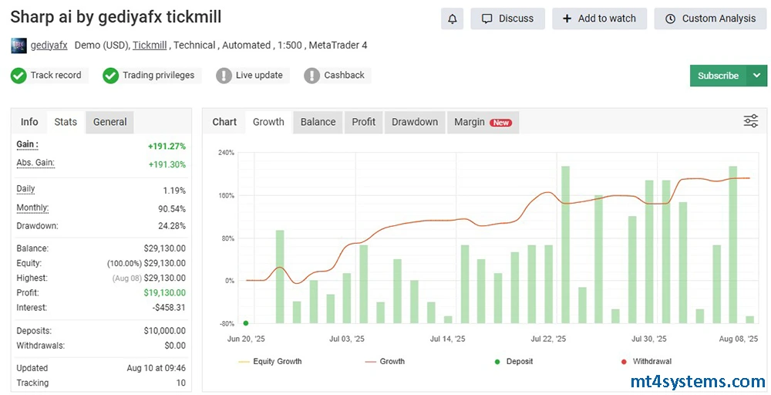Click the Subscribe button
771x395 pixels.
[718, 76]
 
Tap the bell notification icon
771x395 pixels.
[453, 19]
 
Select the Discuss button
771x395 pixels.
[507, 19]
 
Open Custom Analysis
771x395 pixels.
[710, 19]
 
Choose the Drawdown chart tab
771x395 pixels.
[415, 122]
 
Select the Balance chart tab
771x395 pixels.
[318, 122]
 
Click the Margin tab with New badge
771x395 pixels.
[483, 122]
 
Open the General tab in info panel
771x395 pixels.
[109, 122]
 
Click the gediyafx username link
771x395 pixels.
[49, 46]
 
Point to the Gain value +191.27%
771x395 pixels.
[167, 146]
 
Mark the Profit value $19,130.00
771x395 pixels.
[165, 292]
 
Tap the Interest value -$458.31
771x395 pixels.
[169, 308]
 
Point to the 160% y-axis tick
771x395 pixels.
[226, 195]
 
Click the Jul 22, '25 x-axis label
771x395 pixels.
[547, 339]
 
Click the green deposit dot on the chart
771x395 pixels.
[246, 323]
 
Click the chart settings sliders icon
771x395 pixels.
[750, 121]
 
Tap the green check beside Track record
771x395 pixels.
[19, 76]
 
